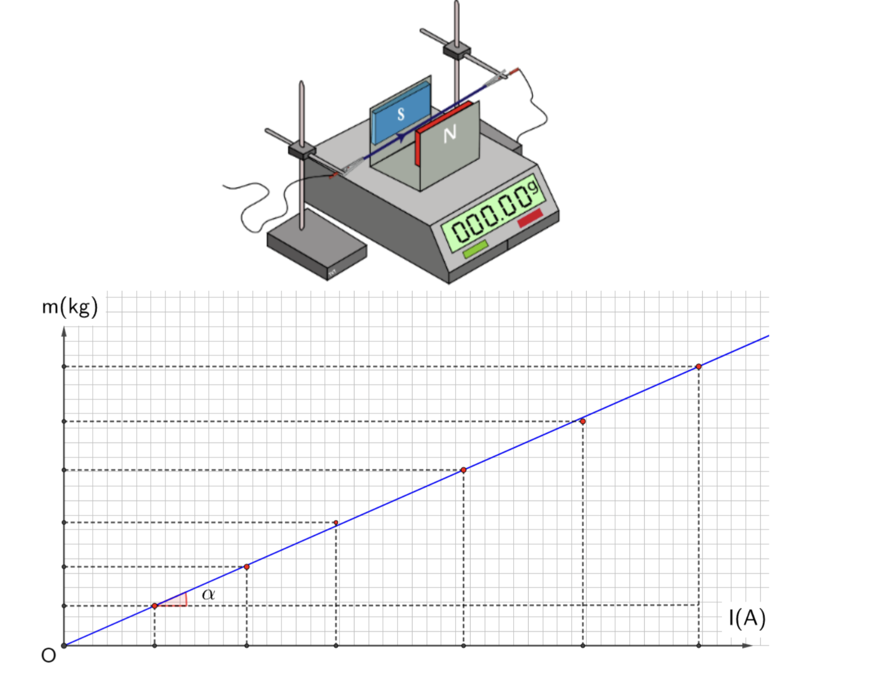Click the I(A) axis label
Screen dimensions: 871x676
pos(747,618)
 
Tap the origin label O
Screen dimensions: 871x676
pos(49,655)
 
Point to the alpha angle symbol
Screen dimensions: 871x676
pos(208,594)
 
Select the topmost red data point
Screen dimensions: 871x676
pos(699,367)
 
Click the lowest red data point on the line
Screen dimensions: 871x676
pos(155,606)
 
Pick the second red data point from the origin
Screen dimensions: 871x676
pos(247,567)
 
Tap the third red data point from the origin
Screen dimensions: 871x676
pos(336,523)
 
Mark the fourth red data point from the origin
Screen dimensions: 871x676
pos(464,470)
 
